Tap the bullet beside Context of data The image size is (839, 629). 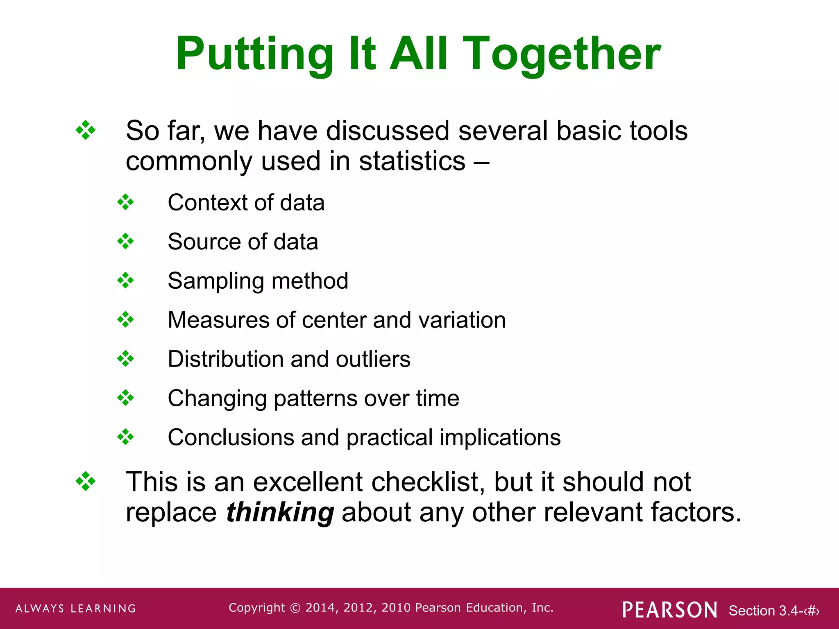tap(125, 202)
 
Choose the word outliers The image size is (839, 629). tap(373, 359)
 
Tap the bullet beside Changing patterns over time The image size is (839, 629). tap(125, 398)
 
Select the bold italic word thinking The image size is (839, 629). tap(280, 512)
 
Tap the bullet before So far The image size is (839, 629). tap(86, 131)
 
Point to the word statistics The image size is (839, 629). tap(412, 161)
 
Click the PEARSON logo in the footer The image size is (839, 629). tap(669, 610)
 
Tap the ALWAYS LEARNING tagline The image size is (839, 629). tap(76, 609)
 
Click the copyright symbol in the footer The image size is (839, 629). tap(295, 608)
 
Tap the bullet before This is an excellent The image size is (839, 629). tap(86, 481)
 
